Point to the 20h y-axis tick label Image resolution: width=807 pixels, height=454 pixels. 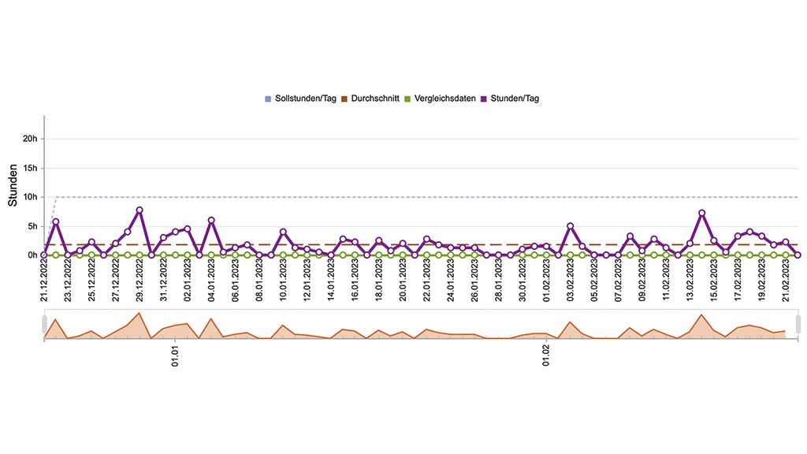click(30, 139)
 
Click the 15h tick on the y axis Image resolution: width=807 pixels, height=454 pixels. click(30, 168)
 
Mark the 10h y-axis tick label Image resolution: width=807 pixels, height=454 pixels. click(30, 197)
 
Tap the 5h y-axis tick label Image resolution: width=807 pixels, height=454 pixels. click(32, 226)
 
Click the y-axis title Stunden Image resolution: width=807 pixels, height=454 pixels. click(13, 186)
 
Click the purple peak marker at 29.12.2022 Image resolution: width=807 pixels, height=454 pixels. click(139, 210)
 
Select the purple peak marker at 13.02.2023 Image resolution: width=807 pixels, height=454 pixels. click(701, 213)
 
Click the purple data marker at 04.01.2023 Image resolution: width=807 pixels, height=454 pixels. click(211, 220)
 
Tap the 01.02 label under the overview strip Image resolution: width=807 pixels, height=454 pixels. click(545, 356)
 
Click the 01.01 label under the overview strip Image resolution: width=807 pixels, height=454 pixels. click(175, 356)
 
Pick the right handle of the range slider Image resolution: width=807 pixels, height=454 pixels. click(798, 324)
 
